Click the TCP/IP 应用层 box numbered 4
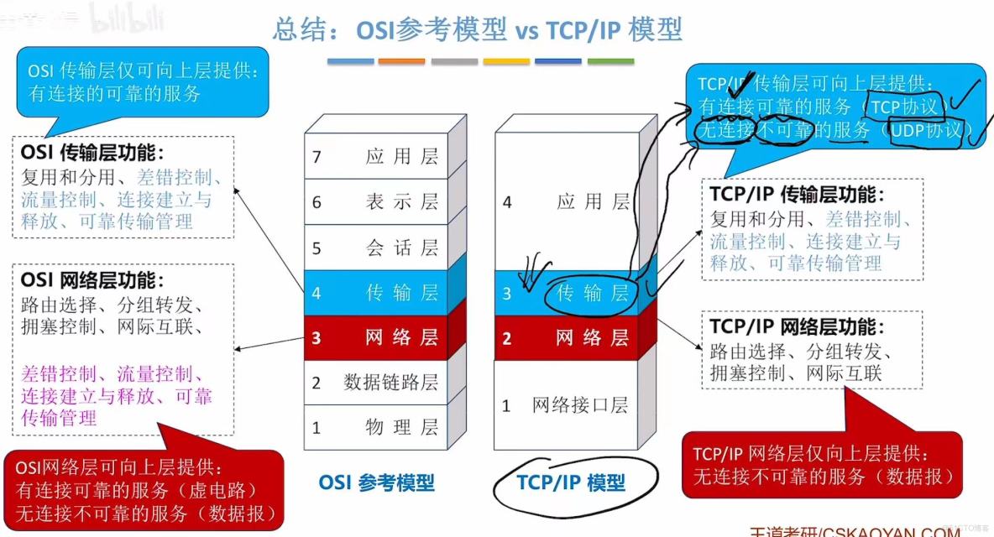coord(564,201)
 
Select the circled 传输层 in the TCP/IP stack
coord(592,293)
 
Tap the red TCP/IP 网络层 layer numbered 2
coord(564,338)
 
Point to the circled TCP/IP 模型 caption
coord(570,483)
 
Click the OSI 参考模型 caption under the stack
coord(377,483)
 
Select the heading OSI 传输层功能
coord(92,154)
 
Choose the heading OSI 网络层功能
coord(92,280)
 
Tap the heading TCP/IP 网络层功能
coord(797,327)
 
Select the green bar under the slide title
coord(610,61)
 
